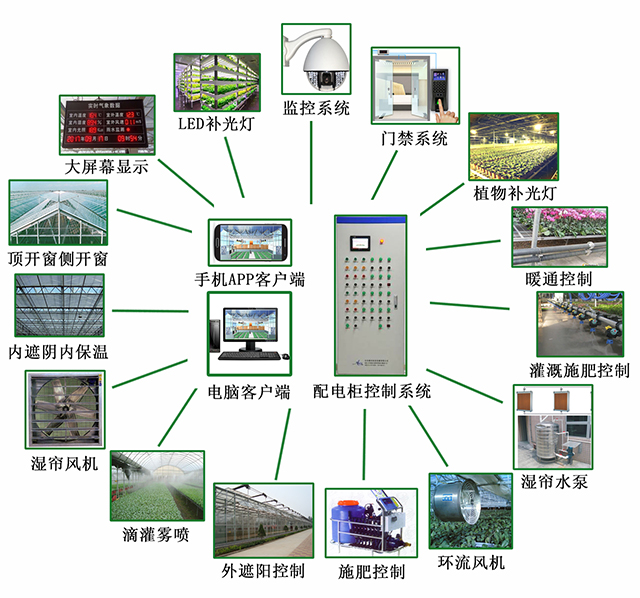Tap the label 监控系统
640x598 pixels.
pos(316,108)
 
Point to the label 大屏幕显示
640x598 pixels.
pos(106,167)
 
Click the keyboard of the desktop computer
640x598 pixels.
pos(252,356)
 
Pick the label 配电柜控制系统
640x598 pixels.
pos(372,391)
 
